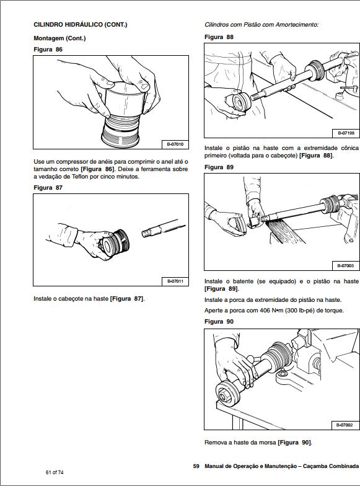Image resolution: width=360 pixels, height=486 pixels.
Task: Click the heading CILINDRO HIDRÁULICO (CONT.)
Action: [x=80, y=25]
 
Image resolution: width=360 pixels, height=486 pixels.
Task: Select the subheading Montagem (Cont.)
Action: [x=59, y=38]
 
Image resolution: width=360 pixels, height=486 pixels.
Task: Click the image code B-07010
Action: [x=175, y=144]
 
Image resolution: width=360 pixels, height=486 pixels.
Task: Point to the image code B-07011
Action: [x=175, y=281]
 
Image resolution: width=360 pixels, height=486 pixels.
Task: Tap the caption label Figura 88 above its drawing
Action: [x=219, y=37]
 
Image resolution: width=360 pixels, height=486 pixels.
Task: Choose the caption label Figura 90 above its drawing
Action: [x=219, y=322]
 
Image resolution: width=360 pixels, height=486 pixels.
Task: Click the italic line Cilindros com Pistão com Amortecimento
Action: [x=261, y=25]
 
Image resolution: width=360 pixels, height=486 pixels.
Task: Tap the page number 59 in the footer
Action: [x=196, y=466]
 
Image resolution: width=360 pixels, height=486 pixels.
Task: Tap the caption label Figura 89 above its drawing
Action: [x=219, y=167]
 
